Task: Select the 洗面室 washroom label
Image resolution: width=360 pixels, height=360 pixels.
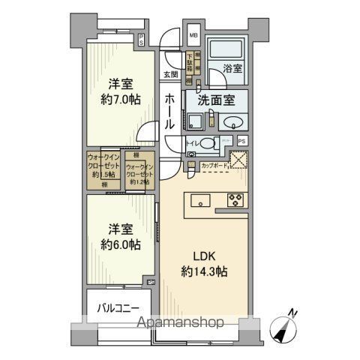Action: tap(216, 99)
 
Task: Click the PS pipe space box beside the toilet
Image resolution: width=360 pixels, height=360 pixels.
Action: tap(241, 140)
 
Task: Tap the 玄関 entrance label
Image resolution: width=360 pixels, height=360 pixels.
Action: tap(171, 73)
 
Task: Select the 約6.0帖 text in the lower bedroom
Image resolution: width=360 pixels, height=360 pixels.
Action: tap(119, 244)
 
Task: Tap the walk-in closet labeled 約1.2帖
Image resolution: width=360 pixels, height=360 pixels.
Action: tap(139, 173)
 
